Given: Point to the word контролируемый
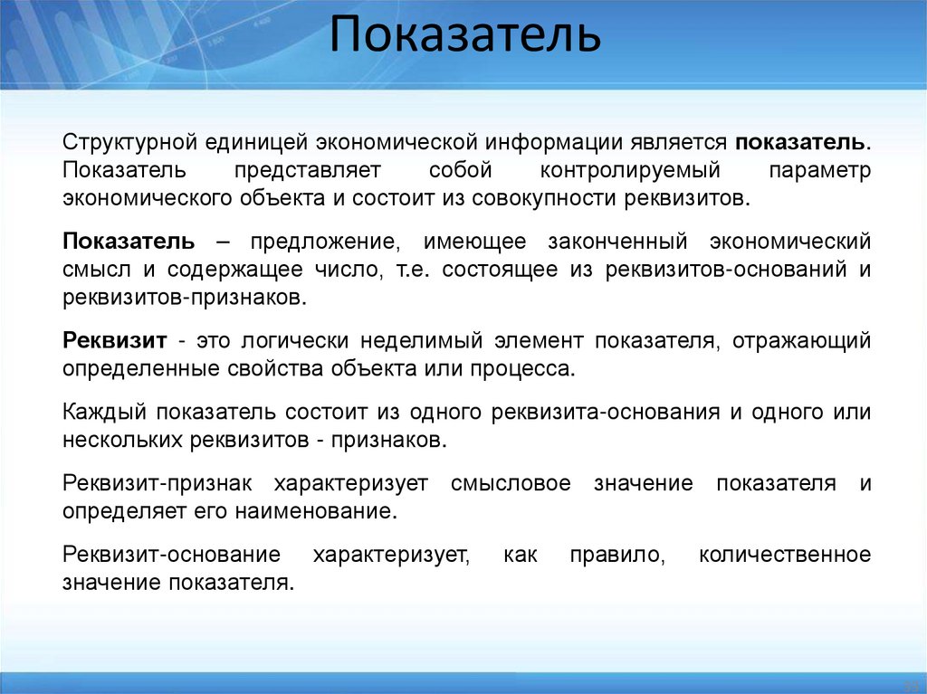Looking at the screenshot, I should coord(630,170).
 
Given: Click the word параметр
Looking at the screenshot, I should coord(819,170).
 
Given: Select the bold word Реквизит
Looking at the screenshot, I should coord(115,340).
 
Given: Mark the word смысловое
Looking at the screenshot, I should coord(511,483).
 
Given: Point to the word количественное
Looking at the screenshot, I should coord(785,554).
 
